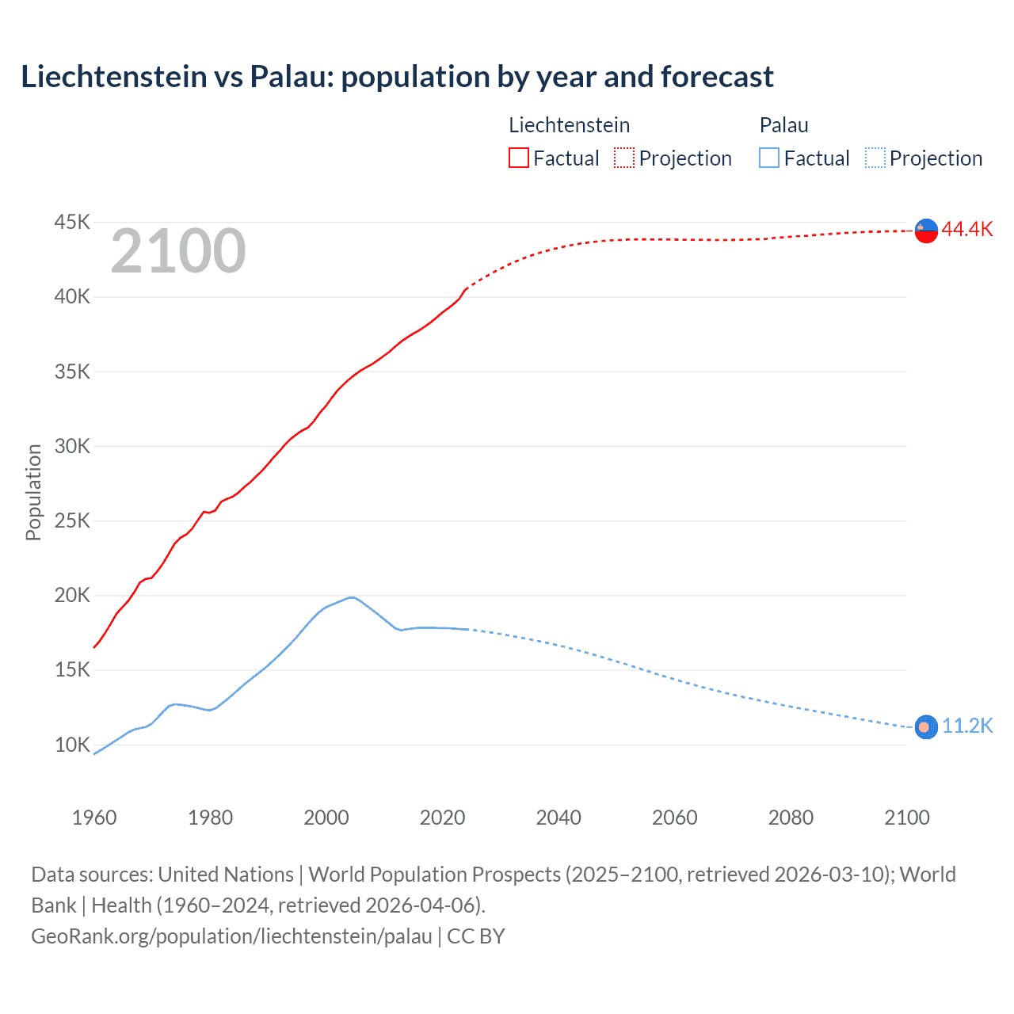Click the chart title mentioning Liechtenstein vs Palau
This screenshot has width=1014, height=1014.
(397, 77)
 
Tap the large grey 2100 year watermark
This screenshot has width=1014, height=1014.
(178, 252)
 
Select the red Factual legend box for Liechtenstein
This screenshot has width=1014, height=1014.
(518, 158)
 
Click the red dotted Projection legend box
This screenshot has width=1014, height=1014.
(624, 158)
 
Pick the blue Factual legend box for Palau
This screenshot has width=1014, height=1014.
(768, 158)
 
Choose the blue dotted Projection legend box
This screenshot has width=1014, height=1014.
(875, 158)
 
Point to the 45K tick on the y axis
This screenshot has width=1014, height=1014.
(72, 223)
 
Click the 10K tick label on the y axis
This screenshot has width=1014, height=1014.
(72, 745)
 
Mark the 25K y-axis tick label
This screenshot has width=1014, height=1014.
(72, 521)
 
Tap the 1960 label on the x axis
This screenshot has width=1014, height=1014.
(94, 818)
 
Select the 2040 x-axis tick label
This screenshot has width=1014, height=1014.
(558, 818)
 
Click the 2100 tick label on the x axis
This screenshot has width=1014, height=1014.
(906, 818)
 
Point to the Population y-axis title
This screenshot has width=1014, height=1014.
(33, 492)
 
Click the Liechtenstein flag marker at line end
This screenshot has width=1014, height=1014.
(926, 231)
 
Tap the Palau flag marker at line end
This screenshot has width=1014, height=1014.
(926, 726)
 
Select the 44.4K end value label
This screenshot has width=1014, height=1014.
(967, 230)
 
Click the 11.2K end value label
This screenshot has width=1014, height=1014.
(967, 726)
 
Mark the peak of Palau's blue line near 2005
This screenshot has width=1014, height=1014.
(351, 597)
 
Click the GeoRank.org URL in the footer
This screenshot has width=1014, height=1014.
(232, 936)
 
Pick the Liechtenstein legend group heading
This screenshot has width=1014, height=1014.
(569, 125)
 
